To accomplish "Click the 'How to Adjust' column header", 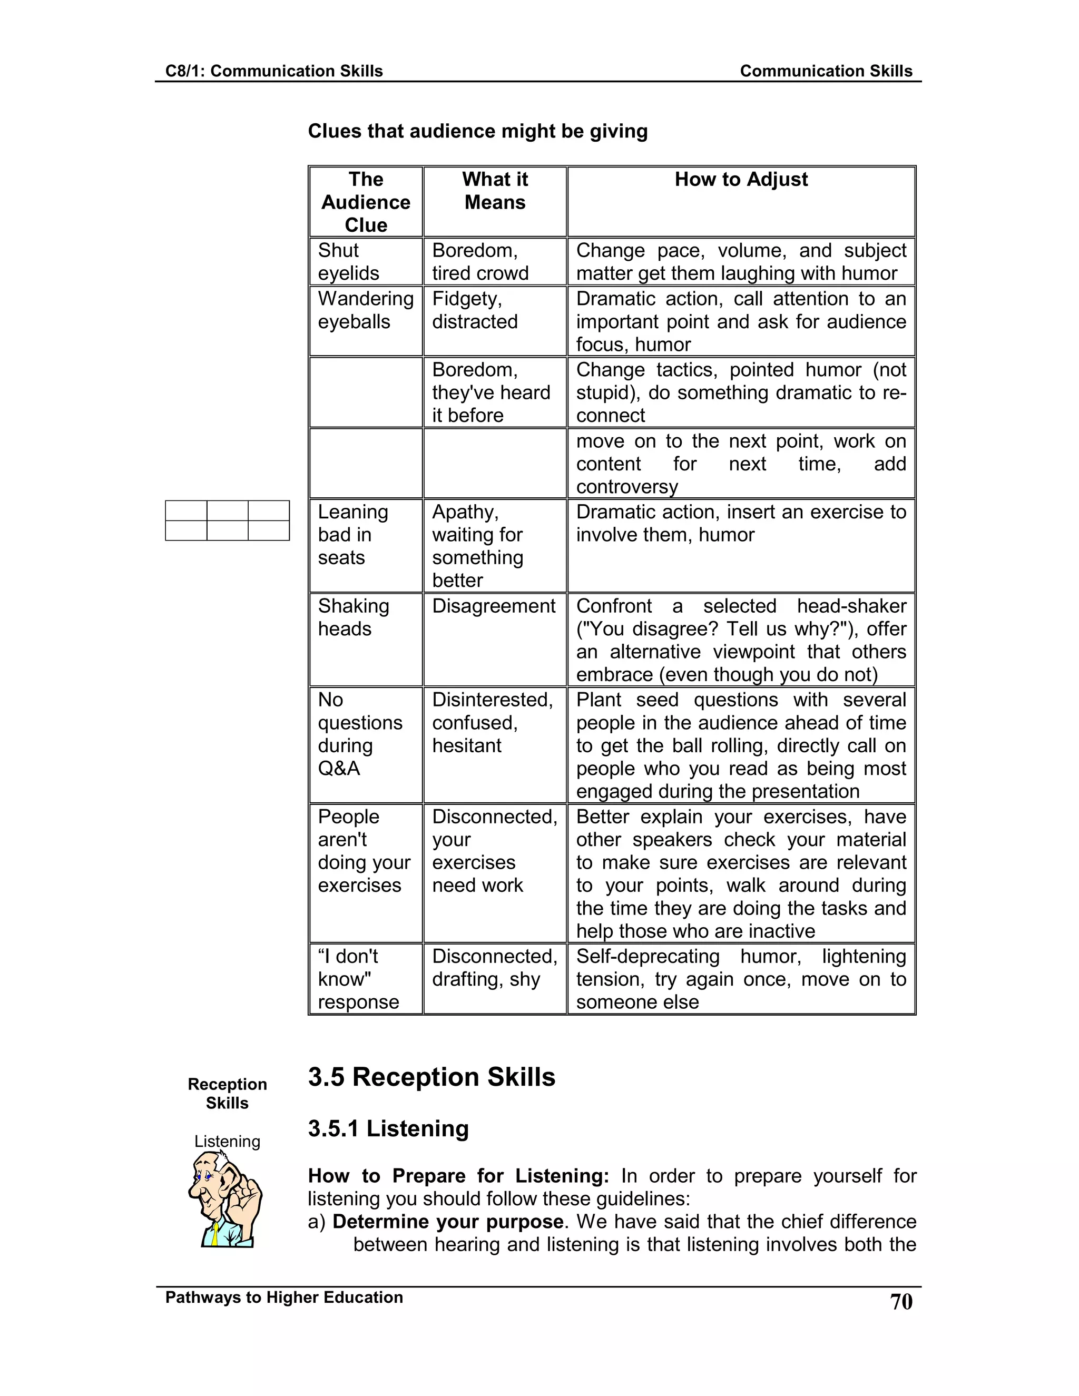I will tap(741, 180).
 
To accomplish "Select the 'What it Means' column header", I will tap(495, 191).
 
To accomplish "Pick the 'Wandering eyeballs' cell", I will tap(366, 310).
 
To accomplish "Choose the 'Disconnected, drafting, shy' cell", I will tap(494, 968).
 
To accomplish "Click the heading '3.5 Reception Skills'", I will tap(431, 1077).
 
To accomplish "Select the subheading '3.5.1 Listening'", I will tap(388, 1129).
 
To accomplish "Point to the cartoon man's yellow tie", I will tap(217, 1232).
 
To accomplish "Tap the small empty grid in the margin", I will tap(227, 520).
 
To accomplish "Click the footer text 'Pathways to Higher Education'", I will tap(284, 1297).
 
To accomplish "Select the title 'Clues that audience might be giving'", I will tap(477, 131).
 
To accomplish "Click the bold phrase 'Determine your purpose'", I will tap(447, 1222).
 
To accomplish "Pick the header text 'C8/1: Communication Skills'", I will tap(273, 71).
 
